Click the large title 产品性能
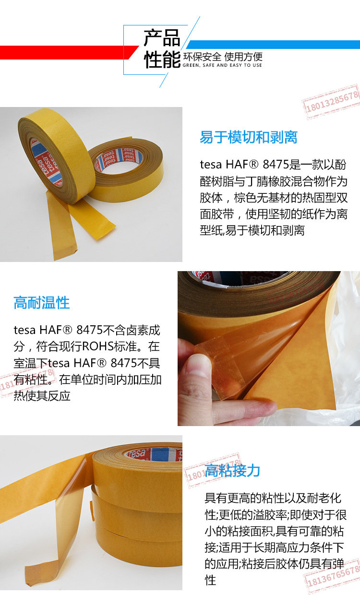click(162, 49)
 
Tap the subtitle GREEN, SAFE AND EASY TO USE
click(222, 65)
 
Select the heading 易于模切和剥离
click(249, 137)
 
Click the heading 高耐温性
click(42, 303)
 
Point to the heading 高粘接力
click(232, 470)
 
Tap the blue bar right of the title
click(273, 44)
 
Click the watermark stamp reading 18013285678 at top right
click(331, 102)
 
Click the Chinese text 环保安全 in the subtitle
click(202, 57)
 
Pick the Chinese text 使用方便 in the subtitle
click(243, 57)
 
